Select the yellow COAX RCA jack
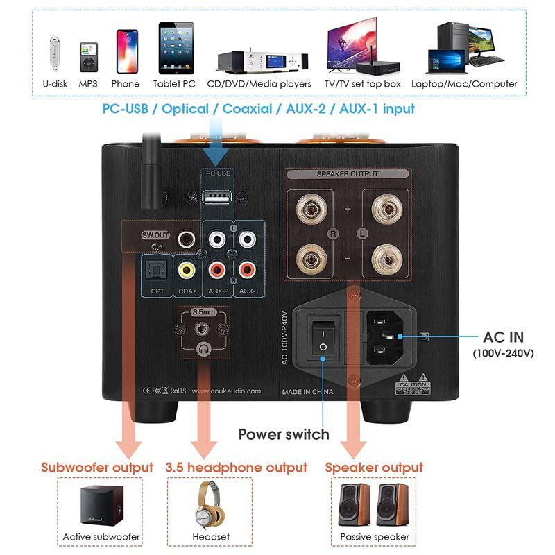click(185, 268)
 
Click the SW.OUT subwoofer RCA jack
click(186, 239)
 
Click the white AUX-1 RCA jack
click(246, 240)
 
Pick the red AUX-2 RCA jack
click(218, 268)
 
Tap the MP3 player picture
click(87, 57)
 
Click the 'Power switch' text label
click(283, 434)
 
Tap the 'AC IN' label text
click(503, 337)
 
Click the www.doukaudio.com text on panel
click(225, 391)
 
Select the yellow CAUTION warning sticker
click(413, 387)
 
